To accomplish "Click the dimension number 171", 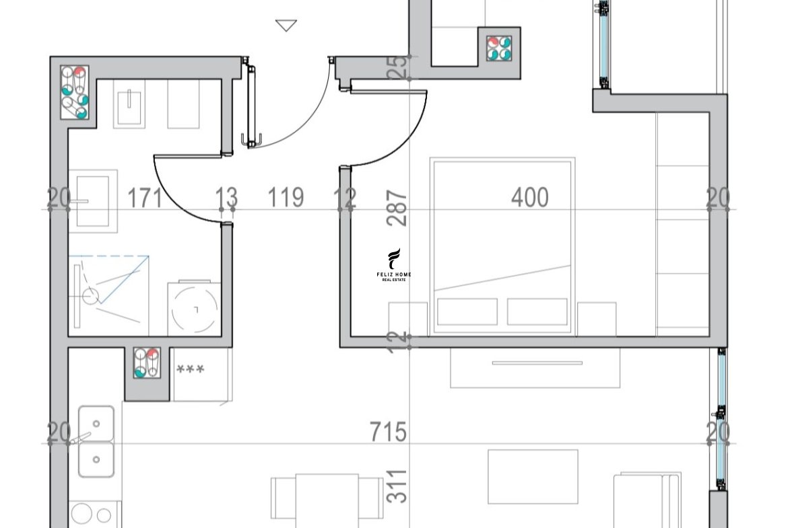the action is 145,198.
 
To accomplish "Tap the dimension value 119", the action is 286,197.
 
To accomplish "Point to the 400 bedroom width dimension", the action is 529,197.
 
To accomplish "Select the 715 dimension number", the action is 388,432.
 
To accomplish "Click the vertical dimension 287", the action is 397,208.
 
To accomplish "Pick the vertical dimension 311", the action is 397,486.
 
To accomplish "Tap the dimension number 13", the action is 226,198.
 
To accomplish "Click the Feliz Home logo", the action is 394,264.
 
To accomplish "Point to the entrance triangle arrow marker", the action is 286,26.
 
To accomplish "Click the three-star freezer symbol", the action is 191,369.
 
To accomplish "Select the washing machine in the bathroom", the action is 195,308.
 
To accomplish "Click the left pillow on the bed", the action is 467,311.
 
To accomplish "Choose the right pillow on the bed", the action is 537,311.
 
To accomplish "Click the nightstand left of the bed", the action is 408,319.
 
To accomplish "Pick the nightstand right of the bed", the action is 597,319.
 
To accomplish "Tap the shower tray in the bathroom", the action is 108,296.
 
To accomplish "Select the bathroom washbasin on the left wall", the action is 93,200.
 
